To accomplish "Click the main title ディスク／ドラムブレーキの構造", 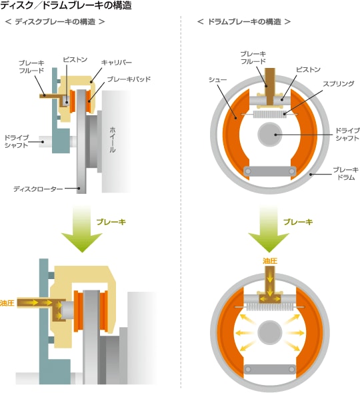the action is click(66, 5).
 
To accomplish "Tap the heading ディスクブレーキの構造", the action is click(55, 22).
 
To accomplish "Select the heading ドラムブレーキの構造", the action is click(245, 22).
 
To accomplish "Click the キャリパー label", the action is click(117, 63).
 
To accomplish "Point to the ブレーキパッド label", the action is click(129, 79).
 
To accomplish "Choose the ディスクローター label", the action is click(38, 189).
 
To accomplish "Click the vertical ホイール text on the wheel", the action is click(113, 140).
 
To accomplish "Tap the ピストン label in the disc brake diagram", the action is click(75, 60).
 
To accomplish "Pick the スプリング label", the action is click(338, 84).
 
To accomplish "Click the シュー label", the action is click(217, 80).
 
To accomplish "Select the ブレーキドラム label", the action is click(346, 174).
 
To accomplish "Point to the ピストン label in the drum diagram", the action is click(308, 69).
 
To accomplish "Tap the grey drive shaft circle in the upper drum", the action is click(270, 135).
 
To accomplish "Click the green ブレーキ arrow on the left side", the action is click(82, 228).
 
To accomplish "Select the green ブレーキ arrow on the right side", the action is click(269, 228).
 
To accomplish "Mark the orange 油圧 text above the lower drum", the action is click(270, 261).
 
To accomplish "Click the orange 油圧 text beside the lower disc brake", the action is click(7, 303).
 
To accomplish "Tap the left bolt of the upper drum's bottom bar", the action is click(248, 171).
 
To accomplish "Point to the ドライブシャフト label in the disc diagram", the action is click(17, 142).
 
